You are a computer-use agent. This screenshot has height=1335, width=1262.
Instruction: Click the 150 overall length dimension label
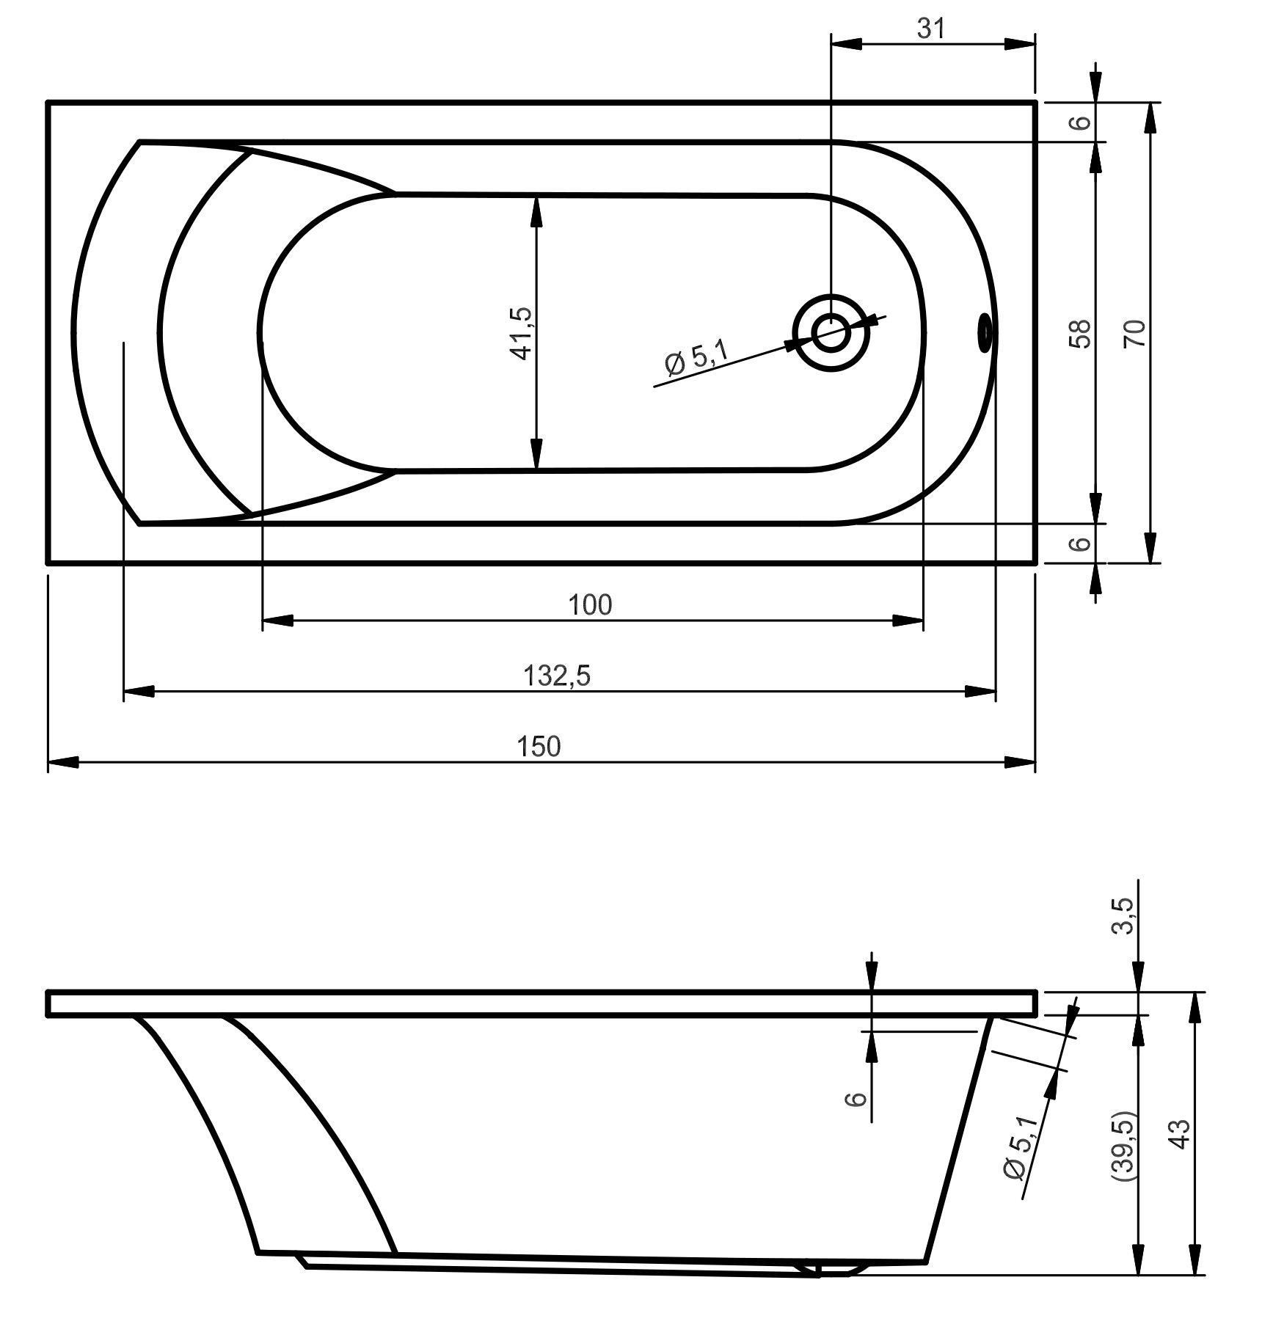coord(539,746)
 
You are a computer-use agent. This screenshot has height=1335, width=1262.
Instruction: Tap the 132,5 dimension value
coord(557,675)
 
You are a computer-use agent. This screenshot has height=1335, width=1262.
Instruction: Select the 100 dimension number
coord(590,604)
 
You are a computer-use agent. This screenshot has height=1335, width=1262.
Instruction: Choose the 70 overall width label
coord(1134,333)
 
